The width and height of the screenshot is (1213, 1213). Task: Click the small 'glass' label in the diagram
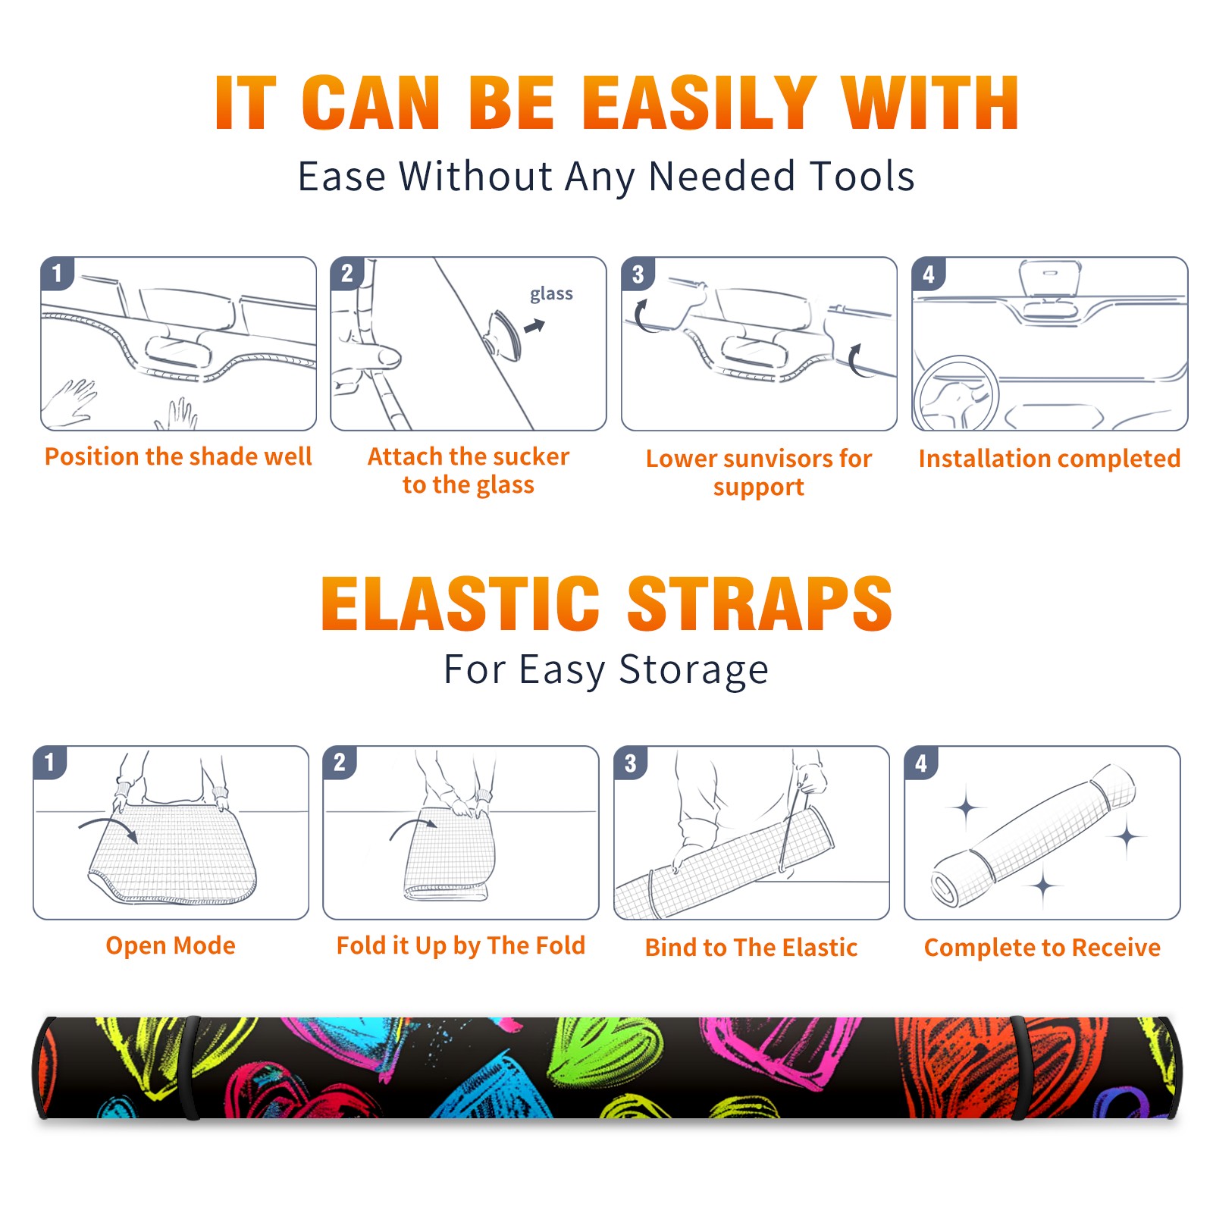pos(551,294)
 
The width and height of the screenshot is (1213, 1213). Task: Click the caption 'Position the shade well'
pos(178,456)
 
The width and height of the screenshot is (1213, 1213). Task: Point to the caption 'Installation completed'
pos(1049,458)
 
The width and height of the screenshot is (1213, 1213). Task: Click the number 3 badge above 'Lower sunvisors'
pos(638,274)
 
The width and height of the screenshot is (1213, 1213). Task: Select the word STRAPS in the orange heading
pos(760,603)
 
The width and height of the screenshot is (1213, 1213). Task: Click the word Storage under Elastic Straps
pos(694,670)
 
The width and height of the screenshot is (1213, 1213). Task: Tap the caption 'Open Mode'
pos(171,945)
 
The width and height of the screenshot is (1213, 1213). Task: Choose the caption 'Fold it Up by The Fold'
pos(461,945)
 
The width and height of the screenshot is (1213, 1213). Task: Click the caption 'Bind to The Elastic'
pos(751,948)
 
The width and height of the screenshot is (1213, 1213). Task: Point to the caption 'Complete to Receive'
pos(1042,948)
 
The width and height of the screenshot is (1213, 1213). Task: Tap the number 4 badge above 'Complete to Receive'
pos(921,763)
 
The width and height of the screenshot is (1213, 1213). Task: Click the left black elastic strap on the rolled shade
pos(191,1067)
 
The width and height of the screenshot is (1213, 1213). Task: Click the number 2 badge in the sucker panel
pos(346,274)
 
